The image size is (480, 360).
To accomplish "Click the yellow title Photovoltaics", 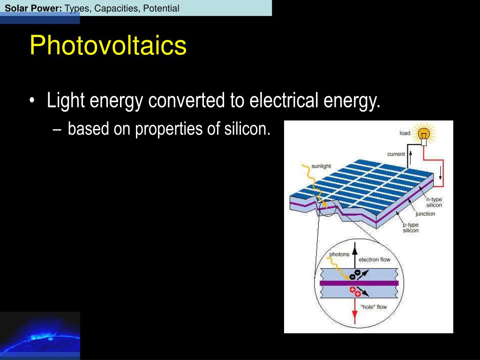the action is tap(108, 45).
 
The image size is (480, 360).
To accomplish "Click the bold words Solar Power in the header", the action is tap(33, 8).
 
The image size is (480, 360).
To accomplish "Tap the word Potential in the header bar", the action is tap(161, 8).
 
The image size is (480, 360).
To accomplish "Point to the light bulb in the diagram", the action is tap(424, 135).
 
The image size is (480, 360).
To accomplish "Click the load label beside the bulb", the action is tap(405, 133).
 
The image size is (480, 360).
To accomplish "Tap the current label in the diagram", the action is tap(396, 154).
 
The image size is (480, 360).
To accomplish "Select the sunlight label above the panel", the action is tap(321, 166).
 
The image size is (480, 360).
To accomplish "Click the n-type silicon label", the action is tap(434, 202).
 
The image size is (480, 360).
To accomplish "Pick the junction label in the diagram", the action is tap(425, 214).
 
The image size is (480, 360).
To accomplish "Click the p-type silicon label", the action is tap(411, 227).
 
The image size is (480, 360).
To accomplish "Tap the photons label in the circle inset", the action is tap(339, 254).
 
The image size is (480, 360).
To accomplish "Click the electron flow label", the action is tap(375, 260).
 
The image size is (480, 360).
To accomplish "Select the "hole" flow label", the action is tap(374, 307).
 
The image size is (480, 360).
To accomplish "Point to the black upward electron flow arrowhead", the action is tap(355, 251).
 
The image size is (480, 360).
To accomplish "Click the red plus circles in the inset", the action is tap(355, 292).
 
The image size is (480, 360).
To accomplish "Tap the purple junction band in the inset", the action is tap(359, 283).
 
